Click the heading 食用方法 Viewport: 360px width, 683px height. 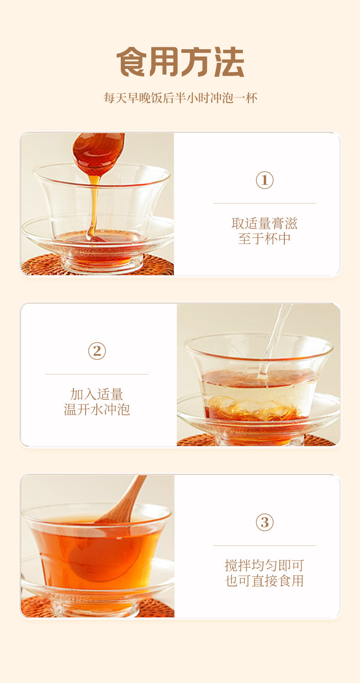coord(180,62)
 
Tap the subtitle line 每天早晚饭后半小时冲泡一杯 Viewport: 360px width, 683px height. coord(180,98)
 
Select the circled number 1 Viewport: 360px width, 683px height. coord(265,180)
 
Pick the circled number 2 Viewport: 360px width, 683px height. coord(97,351)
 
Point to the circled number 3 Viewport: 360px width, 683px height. coord(265,522)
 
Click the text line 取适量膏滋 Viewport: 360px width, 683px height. coord(264,224)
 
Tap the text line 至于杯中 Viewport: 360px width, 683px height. coord(264,238)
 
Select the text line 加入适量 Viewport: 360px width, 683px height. coord(97,394)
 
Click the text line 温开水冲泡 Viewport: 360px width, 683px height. coord(97,409)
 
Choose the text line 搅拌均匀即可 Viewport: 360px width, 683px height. coord(264,565)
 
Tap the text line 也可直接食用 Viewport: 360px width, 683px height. coord(264,580)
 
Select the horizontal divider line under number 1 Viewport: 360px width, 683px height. coord(265,203)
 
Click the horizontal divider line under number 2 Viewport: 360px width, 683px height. coord(97,374)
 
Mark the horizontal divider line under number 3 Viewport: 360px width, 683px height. coord(265,545)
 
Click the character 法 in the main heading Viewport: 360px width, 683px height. coord(229,62)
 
